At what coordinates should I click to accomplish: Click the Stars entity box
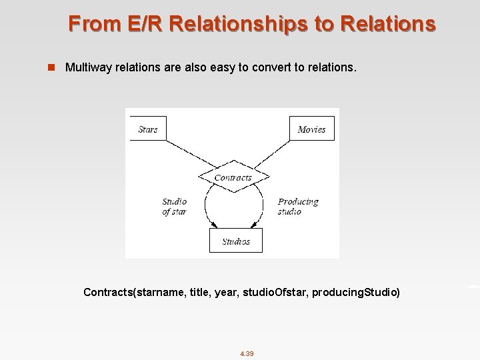click(x=147, y=129)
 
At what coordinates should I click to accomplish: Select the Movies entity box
click(x=311, y=129)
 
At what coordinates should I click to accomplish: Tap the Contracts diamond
click(x=233, y=177)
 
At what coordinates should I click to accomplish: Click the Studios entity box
click(x=236, y=241)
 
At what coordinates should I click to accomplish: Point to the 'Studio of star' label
click(x=175, y=207)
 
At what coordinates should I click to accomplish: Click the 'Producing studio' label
click(x=298, y=207)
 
